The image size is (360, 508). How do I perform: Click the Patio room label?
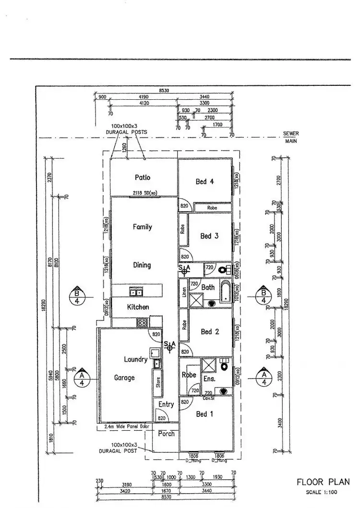point(143,177)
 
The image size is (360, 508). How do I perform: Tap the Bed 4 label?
point(205,181)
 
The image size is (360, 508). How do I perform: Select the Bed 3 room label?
point(209,236)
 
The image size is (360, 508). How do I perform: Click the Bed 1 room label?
point(205,413)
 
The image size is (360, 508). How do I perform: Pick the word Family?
point(143,227)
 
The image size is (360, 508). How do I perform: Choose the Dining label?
point(142,265)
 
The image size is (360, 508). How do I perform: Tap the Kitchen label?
point(138,307)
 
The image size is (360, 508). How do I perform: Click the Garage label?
point(124,378)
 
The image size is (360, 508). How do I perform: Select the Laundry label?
point(136,359)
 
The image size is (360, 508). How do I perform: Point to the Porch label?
point(166,434)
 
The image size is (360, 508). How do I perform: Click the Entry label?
point(166,404)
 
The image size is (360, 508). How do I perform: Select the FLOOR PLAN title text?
point(323,482)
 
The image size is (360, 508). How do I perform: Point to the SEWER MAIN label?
point(291,138)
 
